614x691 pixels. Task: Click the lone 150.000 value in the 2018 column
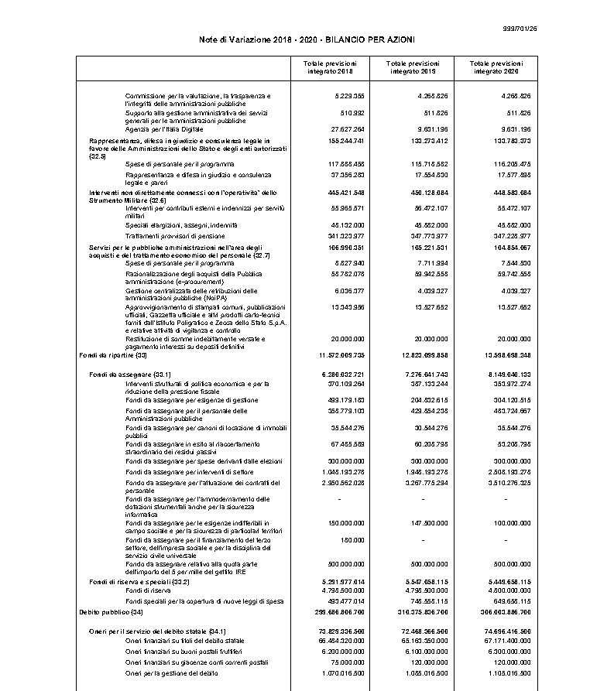(353, 539)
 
